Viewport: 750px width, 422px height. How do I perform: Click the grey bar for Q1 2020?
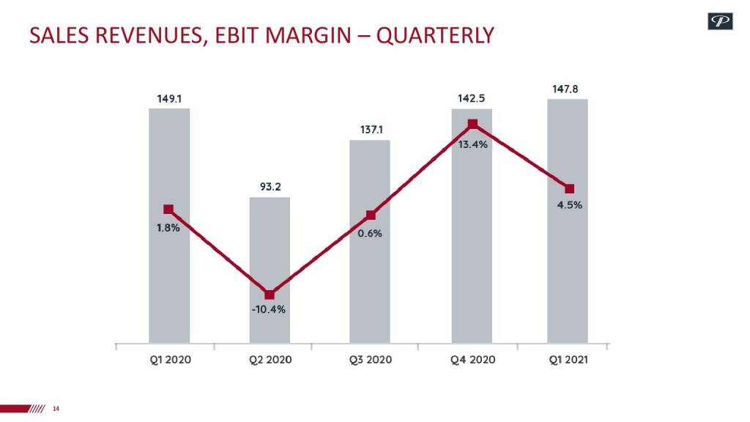click(x=169, y=278)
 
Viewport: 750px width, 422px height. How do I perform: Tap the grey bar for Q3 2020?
click(x=370, y=293)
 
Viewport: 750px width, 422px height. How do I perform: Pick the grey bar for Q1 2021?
click(x=568, y=278)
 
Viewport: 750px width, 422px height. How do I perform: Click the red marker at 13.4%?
click(x=472, y=125)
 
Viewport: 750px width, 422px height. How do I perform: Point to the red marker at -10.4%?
click(x=270, y=295)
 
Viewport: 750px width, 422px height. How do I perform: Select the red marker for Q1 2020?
click(x=168, y=210)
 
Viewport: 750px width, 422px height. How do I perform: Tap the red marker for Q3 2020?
click(x=371, y=215)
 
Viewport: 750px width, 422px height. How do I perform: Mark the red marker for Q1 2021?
click(x=570, y=188)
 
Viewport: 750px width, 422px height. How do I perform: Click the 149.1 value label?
click(x=169, y=97)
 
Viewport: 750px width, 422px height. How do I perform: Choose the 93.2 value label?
click(x=270, y=187)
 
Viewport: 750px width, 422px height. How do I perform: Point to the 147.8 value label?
click(x=565, y=89)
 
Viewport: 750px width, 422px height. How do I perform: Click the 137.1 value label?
click(x=371, y=130)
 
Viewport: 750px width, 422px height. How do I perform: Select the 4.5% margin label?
click(x=569, y=205)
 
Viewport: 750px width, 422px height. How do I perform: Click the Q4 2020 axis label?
click(x=472, y=360)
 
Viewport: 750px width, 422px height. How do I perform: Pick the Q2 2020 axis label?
click(x=270, y=360)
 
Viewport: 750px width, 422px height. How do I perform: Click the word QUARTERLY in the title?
click(x=435, y=34)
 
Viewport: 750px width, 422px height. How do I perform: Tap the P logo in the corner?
click(x=720, y=22)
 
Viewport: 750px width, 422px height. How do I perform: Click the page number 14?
click(x=56, y=408)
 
